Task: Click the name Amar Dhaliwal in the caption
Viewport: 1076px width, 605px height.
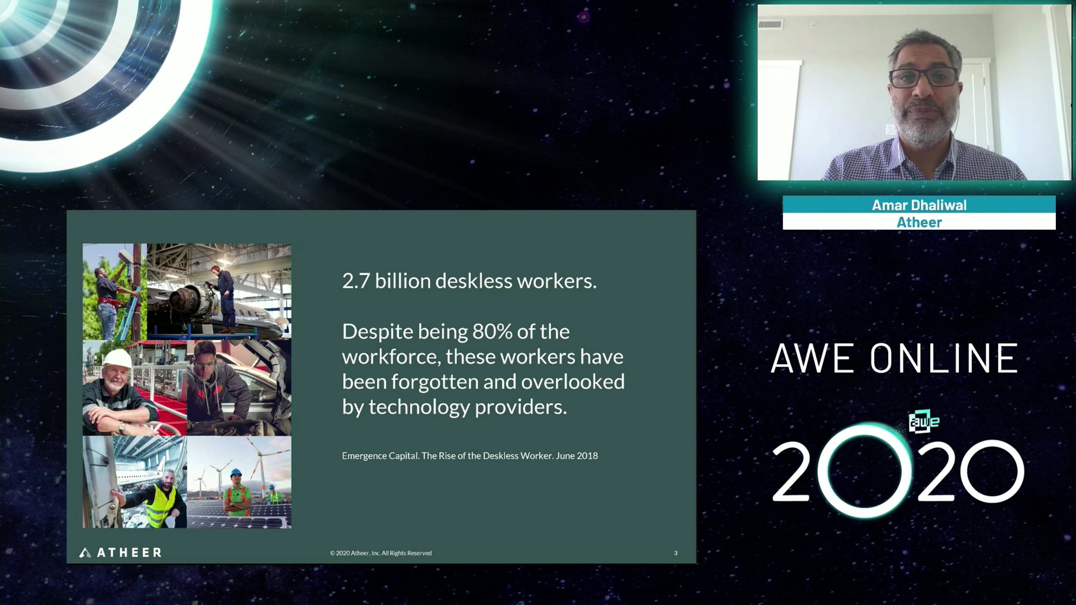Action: tap(919, 205)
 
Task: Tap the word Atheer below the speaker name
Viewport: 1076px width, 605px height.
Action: tap(919, 222)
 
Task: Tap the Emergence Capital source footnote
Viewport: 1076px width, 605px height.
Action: tap(470, 456)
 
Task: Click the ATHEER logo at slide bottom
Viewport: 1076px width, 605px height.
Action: tap(120, 553)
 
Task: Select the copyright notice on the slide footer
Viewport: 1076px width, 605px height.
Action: tap(381, 553)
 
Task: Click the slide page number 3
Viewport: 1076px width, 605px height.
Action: tap(676, 553)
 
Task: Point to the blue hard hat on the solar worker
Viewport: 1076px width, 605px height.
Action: tap(236, 473)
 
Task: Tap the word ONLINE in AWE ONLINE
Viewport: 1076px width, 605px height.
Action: tap(944, 359)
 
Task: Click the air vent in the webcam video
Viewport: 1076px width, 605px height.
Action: tap(771, 24)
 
